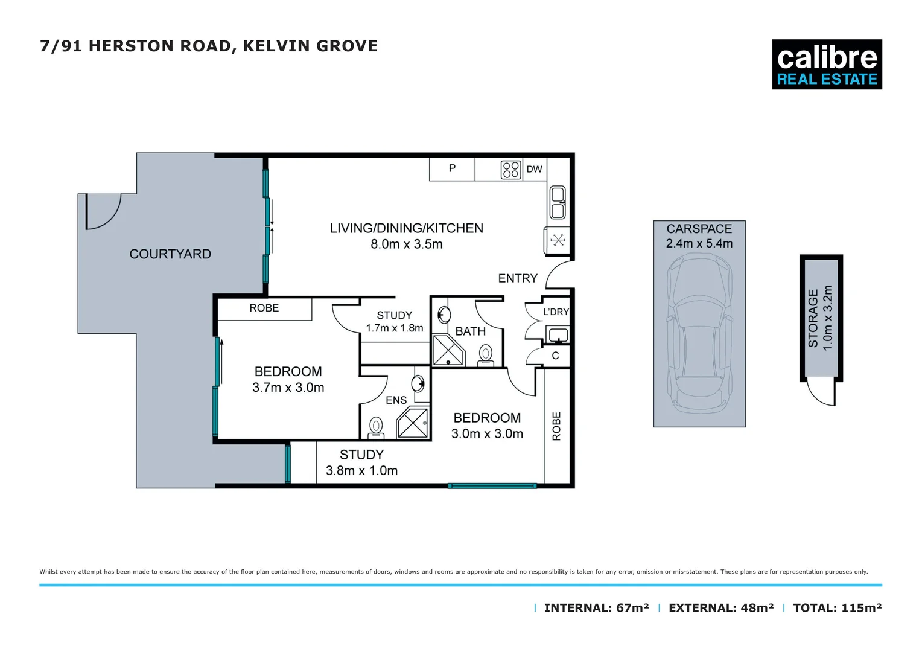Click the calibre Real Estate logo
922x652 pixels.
click(x=827, y=65)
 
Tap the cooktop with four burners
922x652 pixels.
click(x=510, y=170)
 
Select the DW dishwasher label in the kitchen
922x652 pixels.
click(x=534, y=170)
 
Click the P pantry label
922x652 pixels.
click(x=452, y=168)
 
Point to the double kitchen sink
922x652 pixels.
click(x=558, y=202)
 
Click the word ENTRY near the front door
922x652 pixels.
click(x=517, y=278)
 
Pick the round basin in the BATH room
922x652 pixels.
click(x=445, y=315)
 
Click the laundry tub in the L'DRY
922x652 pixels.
click(x=557, y=334)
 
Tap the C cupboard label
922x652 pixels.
click(x=555, y=356)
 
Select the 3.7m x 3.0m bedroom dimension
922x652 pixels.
click(x=288, y=388)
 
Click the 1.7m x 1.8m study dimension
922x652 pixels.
click(x=395, y=328)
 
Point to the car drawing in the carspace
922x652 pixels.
click(x=699, y=332)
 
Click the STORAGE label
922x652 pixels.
click(x=813, y=318)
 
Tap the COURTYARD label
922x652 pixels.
click(x=170, y=254)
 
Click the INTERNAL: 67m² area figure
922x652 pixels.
click(x=596, y=608)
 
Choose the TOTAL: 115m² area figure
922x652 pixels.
click(x=837, y=608)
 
